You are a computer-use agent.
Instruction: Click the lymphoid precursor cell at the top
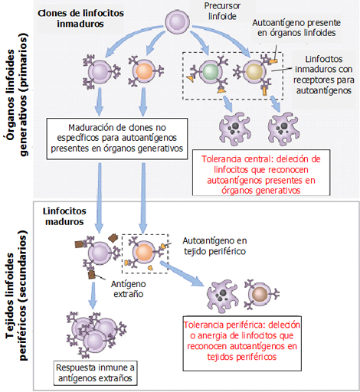pyautogui.click(x=177, y=21)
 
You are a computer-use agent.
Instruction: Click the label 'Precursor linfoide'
pyautogui.click(x=222, y=11)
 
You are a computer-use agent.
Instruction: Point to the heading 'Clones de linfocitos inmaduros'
pyautogui.click(x=80, y=18)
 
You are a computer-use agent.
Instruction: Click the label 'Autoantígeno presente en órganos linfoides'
pyautogui.click(x=296, y=28)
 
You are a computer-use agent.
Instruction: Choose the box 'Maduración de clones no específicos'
pyautogui.click(x=117, y=139)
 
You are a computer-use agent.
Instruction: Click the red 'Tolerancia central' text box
pyautogui.click(x=261, y=172)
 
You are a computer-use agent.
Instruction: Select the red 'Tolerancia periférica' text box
pyautogui.click(x=242, y=344)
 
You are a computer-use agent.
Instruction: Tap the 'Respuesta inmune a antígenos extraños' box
pyautogui.click(x=95, y=373)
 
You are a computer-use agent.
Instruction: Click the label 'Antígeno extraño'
pyautogui.click(x=128, y=289)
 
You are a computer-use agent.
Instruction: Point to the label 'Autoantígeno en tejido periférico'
pyautogui.click(x=214, y=246)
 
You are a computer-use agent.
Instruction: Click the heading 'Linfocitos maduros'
pyautogui.click(x=64, y=217)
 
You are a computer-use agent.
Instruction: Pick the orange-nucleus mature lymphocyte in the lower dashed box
pyautogui.click(x=144, y=252)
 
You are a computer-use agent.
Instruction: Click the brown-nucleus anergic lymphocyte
pyautogui.click(x=260, y=294)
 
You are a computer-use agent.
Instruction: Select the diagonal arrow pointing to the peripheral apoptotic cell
pyautogui.click(x=182, y=273)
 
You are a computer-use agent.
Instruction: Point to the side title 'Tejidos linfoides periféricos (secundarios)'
pyautogui.click(x=17, y=296)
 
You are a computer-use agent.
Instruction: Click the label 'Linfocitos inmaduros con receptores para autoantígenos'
pyautogui.click(x=323, y=74)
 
